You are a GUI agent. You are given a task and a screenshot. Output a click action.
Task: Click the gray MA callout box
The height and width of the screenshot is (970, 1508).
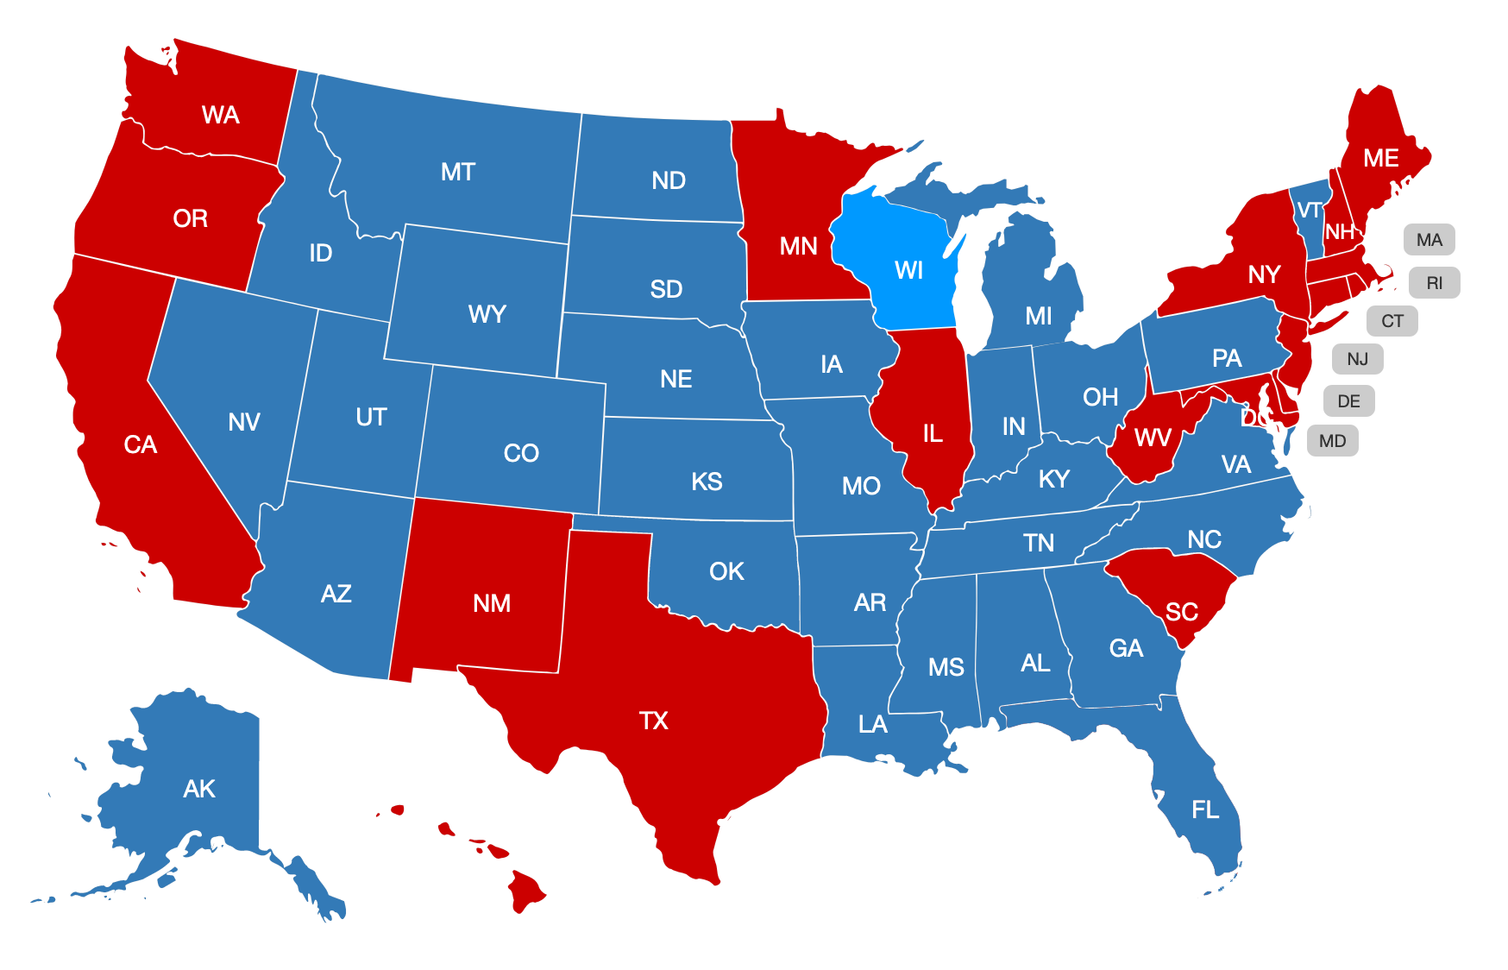1429,240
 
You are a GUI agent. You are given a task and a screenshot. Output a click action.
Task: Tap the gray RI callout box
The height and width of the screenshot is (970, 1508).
1434,283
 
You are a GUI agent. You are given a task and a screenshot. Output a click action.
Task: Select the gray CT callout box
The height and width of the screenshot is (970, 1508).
1392,321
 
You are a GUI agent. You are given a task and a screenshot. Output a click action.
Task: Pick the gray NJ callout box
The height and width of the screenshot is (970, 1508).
1357,359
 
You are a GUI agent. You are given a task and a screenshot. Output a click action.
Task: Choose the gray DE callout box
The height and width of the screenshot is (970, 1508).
1348,401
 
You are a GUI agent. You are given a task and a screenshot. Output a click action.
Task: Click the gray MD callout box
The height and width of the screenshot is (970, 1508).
1332,441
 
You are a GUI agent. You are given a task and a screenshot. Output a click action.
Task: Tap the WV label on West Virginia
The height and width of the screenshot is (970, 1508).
1153,438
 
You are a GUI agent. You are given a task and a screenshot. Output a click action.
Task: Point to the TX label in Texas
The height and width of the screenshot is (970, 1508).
653,721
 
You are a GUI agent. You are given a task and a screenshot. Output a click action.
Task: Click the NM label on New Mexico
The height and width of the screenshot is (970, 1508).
492,603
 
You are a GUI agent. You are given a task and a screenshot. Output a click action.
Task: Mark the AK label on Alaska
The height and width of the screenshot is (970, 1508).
199,789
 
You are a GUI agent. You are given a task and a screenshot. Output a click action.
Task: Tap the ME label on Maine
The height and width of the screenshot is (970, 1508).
1380,158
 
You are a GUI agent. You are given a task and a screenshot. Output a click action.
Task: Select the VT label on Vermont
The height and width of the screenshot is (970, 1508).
1309,211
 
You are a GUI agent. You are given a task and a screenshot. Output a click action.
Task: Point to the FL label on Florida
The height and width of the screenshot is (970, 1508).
1205,809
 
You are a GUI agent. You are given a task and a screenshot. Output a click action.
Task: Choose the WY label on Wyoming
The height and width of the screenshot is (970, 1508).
487,314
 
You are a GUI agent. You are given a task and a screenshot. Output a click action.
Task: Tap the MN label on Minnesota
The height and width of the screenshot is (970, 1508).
798,247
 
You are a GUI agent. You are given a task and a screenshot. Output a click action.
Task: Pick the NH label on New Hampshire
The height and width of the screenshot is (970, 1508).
1339,232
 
